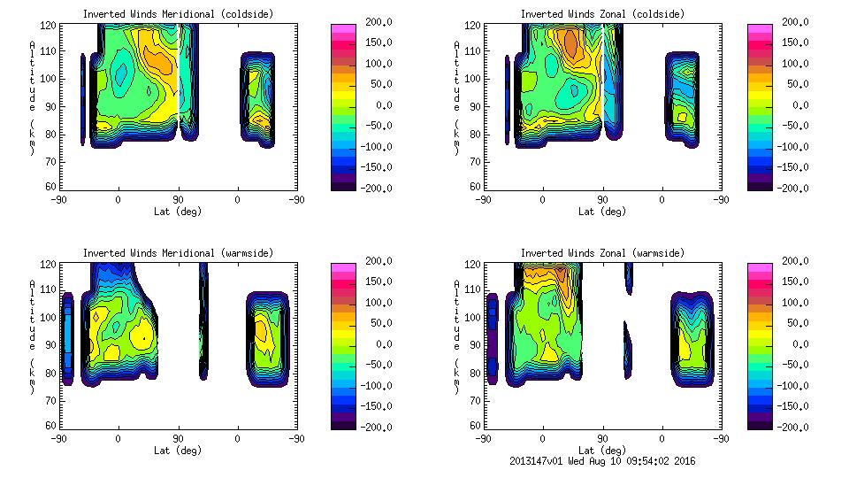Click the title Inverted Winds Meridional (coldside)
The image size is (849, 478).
pyautogui.click(x=178, y=14)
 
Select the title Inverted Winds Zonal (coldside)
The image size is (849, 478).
pyautogui.click(x=602, y=14)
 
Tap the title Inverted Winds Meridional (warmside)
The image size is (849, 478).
pyautogui.click(x=178, y=253)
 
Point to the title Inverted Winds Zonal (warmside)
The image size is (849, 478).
pyautogui.click(x=602, y=253)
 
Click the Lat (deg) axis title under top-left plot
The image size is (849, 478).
pyautogui.click(x=178, y=212)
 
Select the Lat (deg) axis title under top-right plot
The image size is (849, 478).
pyautogui.click(x=602, y=212)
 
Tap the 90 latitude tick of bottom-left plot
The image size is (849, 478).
pyautogui.click(x=178, y=438)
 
